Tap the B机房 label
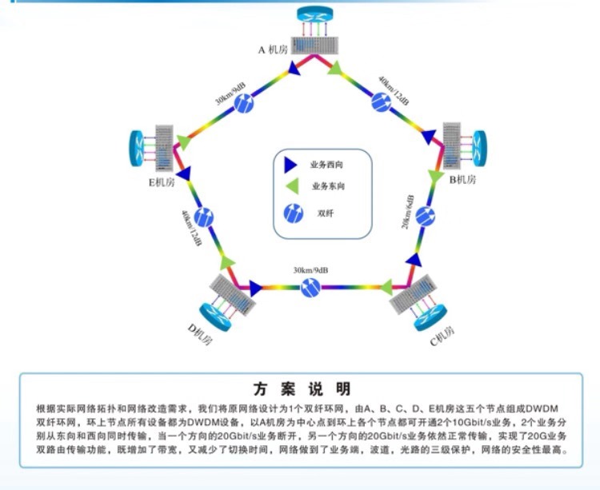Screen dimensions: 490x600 pyautogui.click(x=462, y=179)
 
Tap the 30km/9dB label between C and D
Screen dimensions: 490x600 pyautogui.click(x=308, y=270)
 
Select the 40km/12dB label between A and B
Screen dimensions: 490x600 pyautogui.click(x=394, y=92)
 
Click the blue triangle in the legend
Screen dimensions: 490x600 pyautogui.click(x=291, y=165)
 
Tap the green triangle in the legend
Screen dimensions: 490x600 pyautogui.click(x=291, y=187)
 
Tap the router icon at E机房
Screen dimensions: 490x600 pyautogui.click(x=139, y=146)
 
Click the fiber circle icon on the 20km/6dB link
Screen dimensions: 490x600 pyautogui.click(x=426, y=215)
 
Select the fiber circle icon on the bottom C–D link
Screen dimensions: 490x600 pyautogui.click(x=310, y=286)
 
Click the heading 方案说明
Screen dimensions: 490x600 pyautogui.click(x=301, y=389)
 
